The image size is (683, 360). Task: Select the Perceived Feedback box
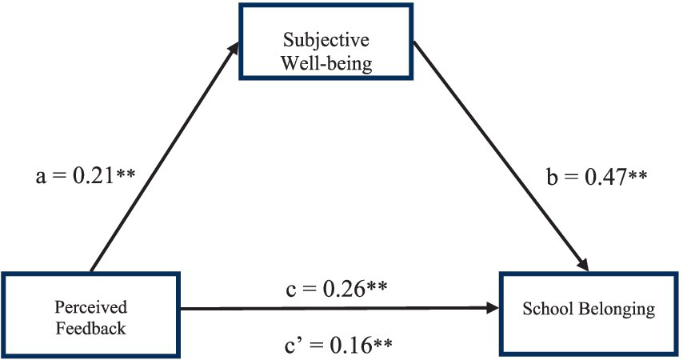click(x=91, y=314)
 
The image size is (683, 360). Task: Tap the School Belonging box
click(x=589, y=308)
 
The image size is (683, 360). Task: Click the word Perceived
click(x=91, y=306)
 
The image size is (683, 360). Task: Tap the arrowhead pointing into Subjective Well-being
click(x=233, y=48)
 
